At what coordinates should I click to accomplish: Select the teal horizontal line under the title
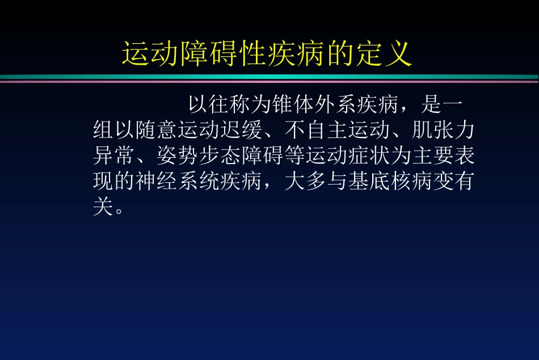click(269, 77)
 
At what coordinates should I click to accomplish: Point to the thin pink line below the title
click(269, 82)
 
